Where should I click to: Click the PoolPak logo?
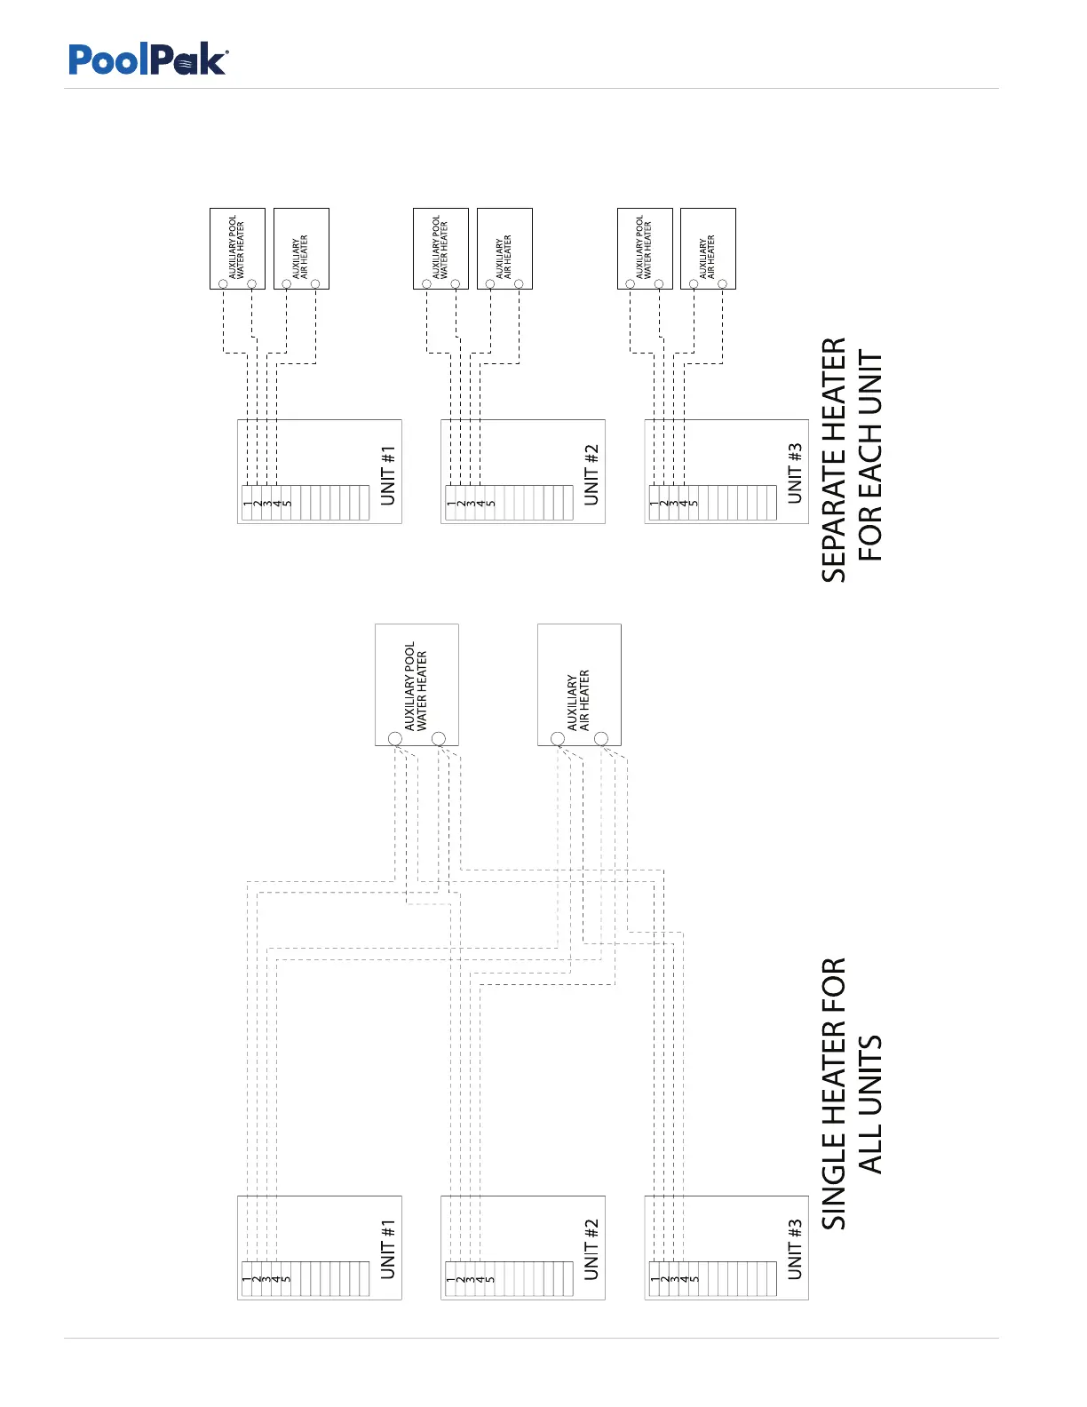tap(148, 60)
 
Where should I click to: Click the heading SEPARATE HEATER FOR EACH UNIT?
tap(852, 460)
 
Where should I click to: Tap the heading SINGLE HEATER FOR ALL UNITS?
tap(852, 1093)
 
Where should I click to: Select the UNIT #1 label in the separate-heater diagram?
tap(388, 475)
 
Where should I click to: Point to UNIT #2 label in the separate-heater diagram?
tap(591, 475)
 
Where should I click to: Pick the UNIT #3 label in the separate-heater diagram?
tap(795, 473)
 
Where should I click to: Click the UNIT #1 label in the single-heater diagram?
tap(388, 1249)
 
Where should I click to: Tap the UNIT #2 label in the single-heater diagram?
tap(591, 1249)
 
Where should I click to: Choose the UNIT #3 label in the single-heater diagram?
tap(795, 1249)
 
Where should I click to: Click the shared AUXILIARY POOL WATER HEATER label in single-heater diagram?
tap(416, 687)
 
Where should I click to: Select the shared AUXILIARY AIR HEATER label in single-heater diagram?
tap(578, 701)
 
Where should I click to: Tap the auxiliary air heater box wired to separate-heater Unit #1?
tap(301, 248)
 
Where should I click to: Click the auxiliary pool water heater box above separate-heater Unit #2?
tap(440, 248)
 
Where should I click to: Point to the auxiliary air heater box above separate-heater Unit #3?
tap(708, 248)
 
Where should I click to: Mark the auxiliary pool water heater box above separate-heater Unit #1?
tap(237, 248)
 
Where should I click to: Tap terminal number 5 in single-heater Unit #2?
tap(491, 1280)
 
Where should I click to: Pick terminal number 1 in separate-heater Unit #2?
tap(450, 505)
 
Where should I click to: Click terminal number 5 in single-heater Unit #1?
tap(287, 1280)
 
